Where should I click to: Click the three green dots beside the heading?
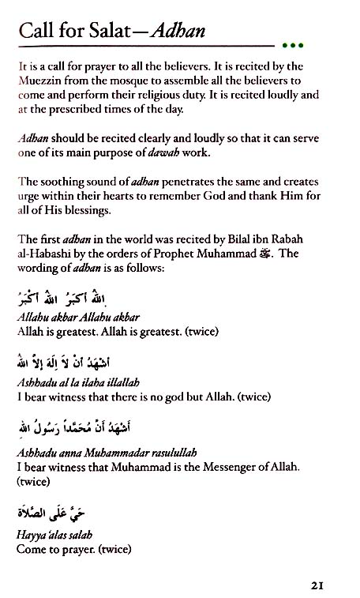(x=292, y=45)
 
